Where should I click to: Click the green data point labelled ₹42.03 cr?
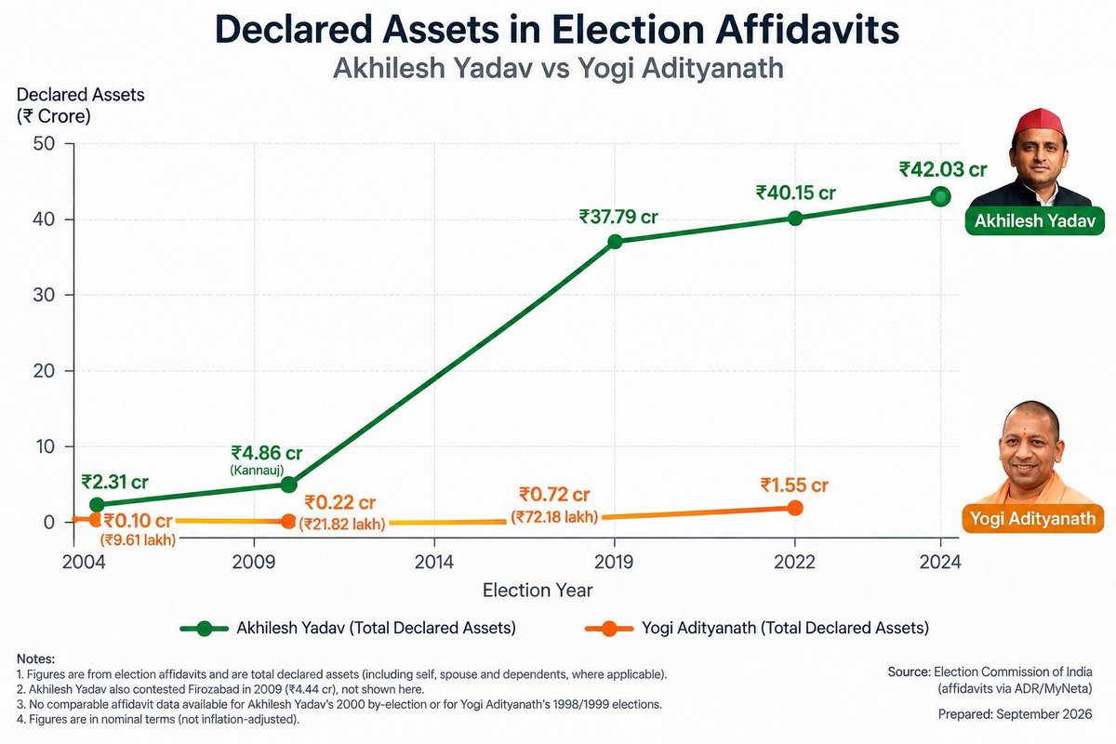pyautogui.click(x=940, y=197)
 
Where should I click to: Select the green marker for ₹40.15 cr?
pyautogui.click(x=795, y=219)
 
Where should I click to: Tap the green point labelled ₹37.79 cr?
pyautogui.click(x=616, y=242)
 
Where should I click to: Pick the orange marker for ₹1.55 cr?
pyautogui.click(x=795, y=508)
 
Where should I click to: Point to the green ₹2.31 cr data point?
pyautogui.click(x=97, y=504)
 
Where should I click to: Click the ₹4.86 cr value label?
pyautogui.click(x=267, y=453)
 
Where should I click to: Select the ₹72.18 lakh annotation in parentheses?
pyautogui.click(x=554, y=517)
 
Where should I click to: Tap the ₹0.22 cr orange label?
pyautogui.click(x=339, y=502)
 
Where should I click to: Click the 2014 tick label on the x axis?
pyautogui.click(x=434, y=562)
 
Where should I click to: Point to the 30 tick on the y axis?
pyautogui.click(x=44, y=295)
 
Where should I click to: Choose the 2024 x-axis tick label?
pyautogui.click(x=940, y=562)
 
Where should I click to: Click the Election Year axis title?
pyautogui.click(x=538, y=591)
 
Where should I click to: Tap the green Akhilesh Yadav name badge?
pyautogui.click(x=1035, y=220)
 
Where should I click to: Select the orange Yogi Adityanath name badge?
pyautogui.click(x=1033, y=519)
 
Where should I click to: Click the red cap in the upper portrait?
pyautogui.click(x=1039, y=122)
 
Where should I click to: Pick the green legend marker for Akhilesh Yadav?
pyautogui.click(x=205, y=629)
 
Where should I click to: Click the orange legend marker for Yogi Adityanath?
pyautogui.click(x=609, y=629)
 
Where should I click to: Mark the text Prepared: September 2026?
pyautogui.click(x=1015, y=714)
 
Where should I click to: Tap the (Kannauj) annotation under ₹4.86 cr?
pyautogui.click(x=257, y=470)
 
